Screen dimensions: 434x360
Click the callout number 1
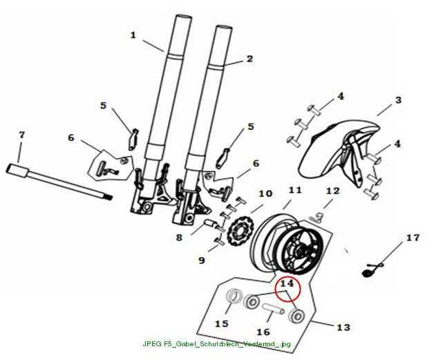(x=133, y=35)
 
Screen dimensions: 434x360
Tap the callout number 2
(x=249, y=59)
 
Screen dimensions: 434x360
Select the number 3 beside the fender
(x=398, y=100)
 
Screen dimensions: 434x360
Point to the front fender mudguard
(x=341, y=157)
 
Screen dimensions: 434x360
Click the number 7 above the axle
(x=21, y=135)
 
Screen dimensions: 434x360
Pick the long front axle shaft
(x=59, y=181)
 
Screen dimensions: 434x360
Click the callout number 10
(x=265, y=193)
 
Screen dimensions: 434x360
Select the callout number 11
(x=295, y=190)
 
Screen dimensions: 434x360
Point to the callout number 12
(x=332, y=191)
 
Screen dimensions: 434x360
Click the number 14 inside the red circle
(x=287, y=283)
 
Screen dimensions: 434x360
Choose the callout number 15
(x=222, y=323)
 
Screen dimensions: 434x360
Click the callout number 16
(x=263, y=332)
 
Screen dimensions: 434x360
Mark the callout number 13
(x=343, y=328)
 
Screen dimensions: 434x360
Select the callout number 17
(x=413, y=238)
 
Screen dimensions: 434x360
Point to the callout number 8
(x=180, y=238)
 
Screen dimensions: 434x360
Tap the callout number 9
(x=202, y=260)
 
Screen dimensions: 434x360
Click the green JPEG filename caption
(x=217, y=344)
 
